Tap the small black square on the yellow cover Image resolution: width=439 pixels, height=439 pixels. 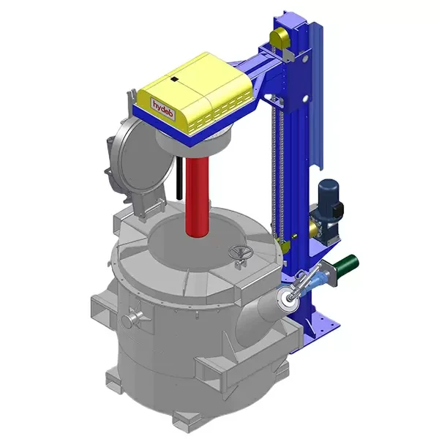(175, 78)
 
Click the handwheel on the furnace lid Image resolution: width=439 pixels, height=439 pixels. (239, 253)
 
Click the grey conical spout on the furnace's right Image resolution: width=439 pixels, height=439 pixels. (263, 311)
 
